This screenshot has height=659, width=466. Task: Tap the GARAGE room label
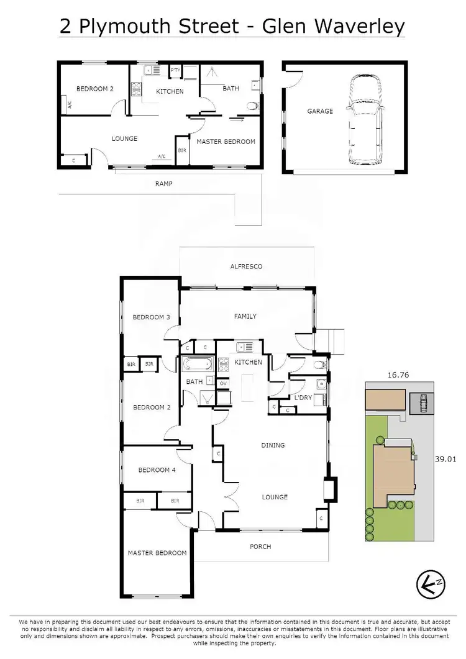pyautogui.click(x=320, y=111)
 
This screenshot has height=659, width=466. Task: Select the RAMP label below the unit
pyautogui.click(x=165, y=184)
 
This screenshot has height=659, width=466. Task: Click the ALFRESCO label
pyautogui.click(x=246, y=266)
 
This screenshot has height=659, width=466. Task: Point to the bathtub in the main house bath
pyautogui.click(x=199, y=363)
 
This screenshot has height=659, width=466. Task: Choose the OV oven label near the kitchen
pyautogui.click(x=223, y=384)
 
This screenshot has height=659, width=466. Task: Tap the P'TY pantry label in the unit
pyautogui.click(x=175, y=70)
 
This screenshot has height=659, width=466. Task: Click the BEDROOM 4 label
pyautogui.click(x=157, y=470)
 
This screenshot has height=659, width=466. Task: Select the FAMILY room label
pyautogui.click(x=245, y=316)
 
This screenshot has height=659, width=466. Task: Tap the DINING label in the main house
pyautogui.click(x=273, y=445)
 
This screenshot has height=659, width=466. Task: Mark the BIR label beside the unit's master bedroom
pyautogui.click(x=181, y=151)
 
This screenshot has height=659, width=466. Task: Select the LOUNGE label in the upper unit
pyautogui.click(x=124, y=139)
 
